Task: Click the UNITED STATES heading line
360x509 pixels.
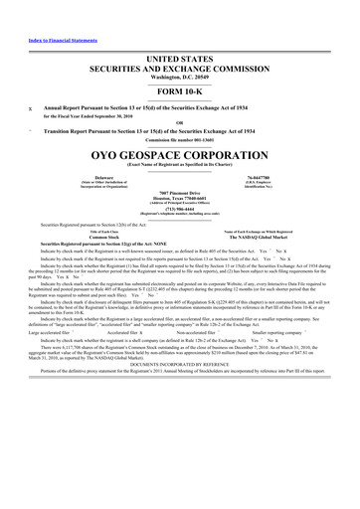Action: pos(179,60)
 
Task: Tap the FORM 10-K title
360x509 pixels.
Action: pos(179,92)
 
